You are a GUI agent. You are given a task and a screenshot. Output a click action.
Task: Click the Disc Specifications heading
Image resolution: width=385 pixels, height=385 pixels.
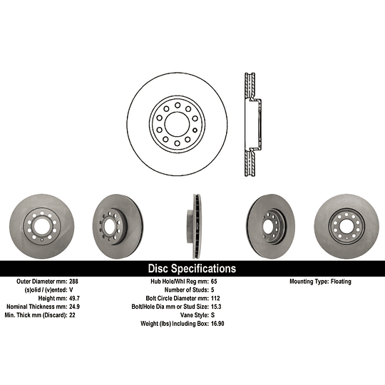pyautogui.click(x=192, y=269)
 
